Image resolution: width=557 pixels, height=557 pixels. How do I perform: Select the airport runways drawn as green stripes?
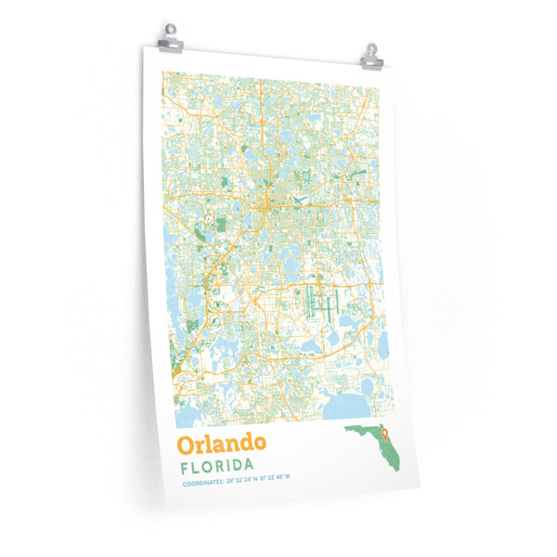click(317, 303)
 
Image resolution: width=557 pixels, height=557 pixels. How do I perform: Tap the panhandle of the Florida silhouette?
click(356, 430)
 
